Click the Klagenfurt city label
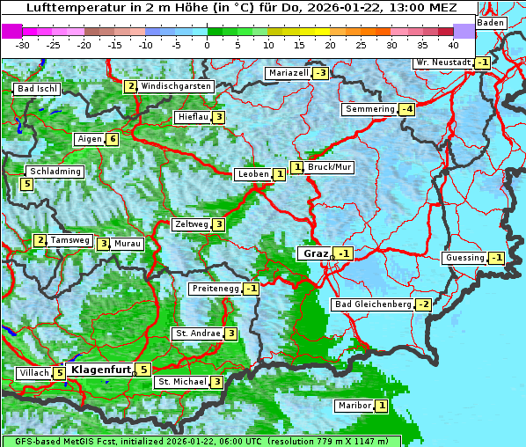click(99, 370)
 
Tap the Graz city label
click(314, 253)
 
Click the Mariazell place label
click(289, 72)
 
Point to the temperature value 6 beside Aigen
click(113, 139)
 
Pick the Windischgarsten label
click(176, 86)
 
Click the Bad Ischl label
click(37, 89)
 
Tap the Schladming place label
click(55, 172)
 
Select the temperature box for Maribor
click(381, 406)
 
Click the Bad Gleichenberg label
click(372, 304)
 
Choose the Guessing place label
click(464, 258)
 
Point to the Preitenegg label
click(215, 289)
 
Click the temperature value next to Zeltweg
click(218, 224)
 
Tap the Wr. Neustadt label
click(443, 62)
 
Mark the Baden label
click(491, 23)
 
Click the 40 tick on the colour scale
click(453, 44)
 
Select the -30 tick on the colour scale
click(23, 44)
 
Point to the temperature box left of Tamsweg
click(40, 240)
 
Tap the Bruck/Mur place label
click(330, 166)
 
